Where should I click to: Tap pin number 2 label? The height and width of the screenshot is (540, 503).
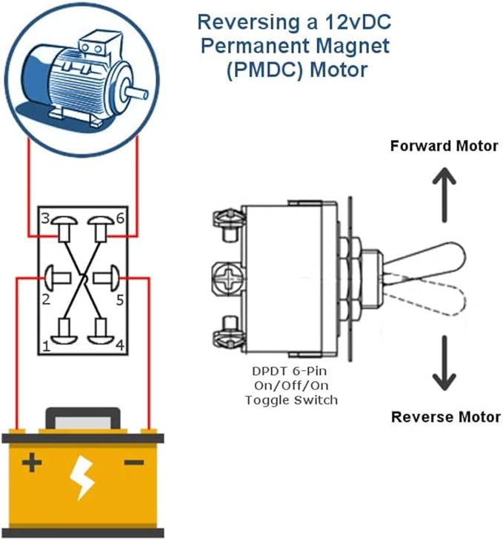click(46, 299)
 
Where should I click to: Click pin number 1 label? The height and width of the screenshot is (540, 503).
click(46, 345)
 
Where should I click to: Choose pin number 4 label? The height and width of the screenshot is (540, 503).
click(119, 345)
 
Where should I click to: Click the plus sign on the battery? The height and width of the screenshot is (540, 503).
click(31, 464)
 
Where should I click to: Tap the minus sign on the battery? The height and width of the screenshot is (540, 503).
click(134, 464)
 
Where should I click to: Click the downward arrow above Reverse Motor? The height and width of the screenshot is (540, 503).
click(444, 363)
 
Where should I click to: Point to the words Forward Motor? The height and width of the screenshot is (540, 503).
click(444, 146)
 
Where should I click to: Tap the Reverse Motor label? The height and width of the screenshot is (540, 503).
click(445, 416)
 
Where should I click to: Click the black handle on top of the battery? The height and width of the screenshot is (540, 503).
click(82, 419)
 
